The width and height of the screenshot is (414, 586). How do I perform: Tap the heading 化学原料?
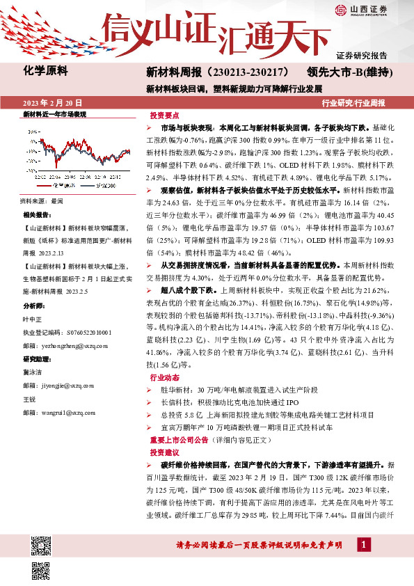coord(44,71)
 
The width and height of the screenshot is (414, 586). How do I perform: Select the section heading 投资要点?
coord(164,116)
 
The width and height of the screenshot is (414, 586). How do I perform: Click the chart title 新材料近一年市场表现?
coord(54,113)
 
